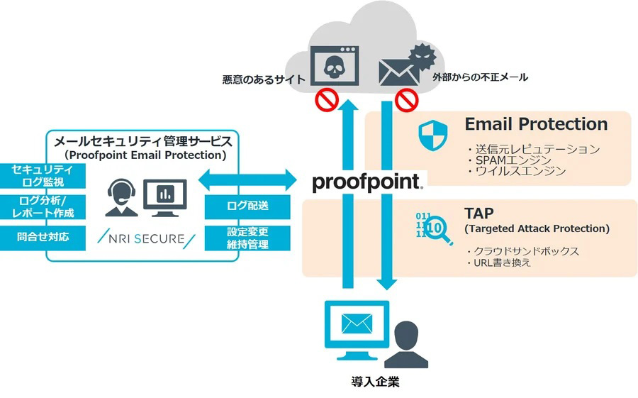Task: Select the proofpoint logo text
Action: coord(367,182)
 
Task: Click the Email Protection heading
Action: coord(536,124)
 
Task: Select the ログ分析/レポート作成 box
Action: coord(43,206)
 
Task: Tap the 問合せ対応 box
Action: coord(43,236)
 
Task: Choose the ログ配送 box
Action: coord(248,206)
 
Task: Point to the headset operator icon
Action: coord(118,197)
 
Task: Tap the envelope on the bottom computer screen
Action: coord(357,324)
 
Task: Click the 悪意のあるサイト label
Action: coord(263,80)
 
